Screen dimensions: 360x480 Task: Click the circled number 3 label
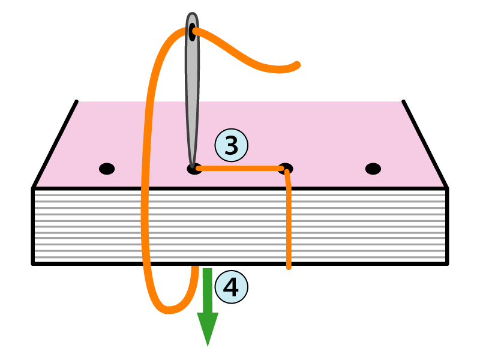point(231,145)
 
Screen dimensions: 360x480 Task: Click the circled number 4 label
point(231,287)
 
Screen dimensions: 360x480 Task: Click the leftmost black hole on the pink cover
point(106,169)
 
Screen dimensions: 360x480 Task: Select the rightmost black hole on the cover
point(373,169)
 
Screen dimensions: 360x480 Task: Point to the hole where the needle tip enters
point(194,169)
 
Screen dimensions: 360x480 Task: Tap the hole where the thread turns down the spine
point(286,168)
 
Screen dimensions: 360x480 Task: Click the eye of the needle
point(192,31)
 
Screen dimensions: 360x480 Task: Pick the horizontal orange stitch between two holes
point(240,169)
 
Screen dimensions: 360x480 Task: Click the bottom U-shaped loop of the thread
point(170,308)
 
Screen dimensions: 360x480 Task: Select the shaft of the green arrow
point(208,291)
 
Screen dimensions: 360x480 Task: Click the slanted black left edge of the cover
point(55,144)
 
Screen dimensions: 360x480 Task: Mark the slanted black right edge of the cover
point(425,144)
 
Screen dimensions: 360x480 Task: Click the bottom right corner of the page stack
point(447,263)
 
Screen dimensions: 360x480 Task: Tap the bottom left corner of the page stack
point(33,263)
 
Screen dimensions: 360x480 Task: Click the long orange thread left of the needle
point(146,180)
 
